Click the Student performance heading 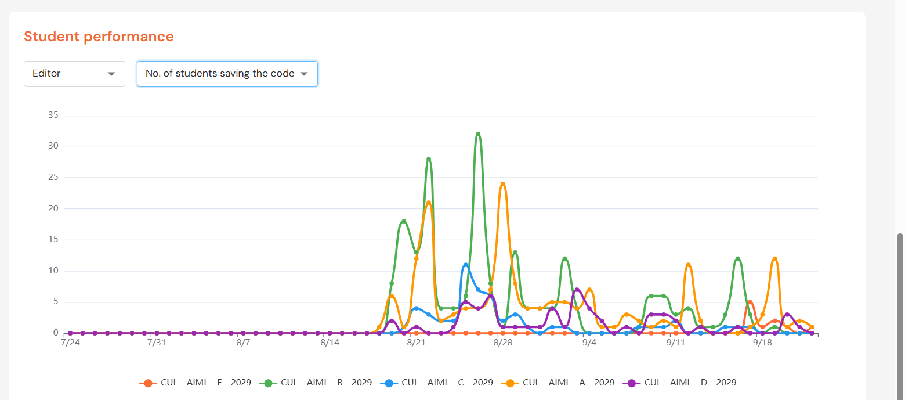coord(99,37)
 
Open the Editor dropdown coord(74,74)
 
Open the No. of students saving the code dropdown coord(227,74)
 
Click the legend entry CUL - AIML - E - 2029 coord(196,383)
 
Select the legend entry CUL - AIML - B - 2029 coord(316,383)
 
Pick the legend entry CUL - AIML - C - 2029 coord(437,383)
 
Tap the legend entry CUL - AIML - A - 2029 coord(558,383)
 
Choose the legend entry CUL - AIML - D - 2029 coord(679,383)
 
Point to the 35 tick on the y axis coord(53,115)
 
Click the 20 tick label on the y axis coord(53,208)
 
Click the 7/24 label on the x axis coord(70,343)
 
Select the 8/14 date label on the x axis coord(330,343)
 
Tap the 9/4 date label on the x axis coord(589,343)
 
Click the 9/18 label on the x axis coord(762,343)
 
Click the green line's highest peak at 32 coord(478,134)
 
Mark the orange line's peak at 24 coord(502,184)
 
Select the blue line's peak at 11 coord(466,265)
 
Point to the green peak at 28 coord(429,159)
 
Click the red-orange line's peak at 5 coord(750,302)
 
